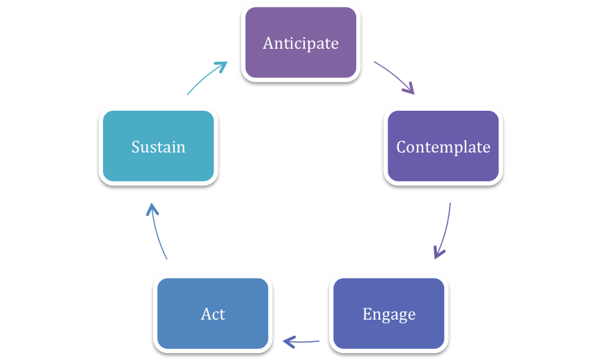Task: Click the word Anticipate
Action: coord(301,43)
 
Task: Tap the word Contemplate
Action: coord(443,147)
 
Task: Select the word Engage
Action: coord(389,315)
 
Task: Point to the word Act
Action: coord(213,314)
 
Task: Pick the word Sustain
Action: coord(158,147)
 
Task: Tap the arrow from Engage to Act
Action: coord(301,342)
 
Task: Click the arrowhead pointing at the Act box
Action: coord(289,342)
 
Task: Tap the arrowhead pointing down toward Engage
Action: coord(438,252)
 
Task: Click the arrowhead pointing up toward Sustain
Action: coord(152,210)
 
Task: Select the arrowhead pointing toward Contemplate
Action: coord(409,88)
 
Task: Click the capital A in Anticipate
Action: coord(269,43)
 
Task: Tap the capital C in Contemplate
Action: coord(402,147)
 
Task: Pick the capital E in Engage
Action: coord(367,314)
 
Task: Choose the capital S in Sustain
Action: coord(136,147)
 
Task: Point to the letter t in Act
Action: coord(222,315)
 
